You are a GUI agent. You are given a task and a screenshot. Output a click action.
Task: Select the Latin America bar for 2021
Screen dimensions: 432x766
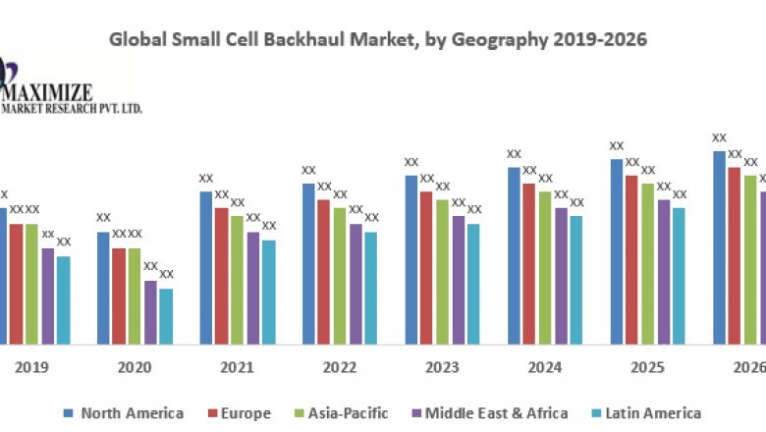(x=269, y=292)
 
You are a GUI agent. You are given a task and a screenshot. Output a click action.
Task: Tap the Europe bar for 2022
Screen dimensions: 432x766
(x=323, y=272)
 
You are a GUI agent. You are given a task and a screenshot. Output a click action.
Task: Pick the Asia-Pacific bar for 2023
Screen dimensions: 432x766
(x=442, y=272)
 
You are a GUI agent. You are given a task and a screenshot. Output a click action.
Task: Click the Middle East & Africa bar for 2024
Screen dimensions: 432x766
(x=561, y=276)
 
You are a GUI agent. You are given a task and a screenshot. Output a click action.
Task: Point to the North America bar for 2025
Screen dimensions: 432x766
(x=616, y=251)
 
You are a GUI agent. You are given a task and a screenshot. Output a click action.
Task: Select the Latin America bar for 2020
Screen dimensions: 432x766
(x=166, y=316)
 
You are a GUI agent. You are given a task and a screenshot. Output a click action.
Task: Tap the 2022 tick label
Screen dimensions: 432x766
(x=340, y=367)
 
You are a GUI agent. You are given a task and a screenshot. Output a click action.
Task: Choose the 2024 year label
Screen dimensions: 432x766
(x=545, y=367)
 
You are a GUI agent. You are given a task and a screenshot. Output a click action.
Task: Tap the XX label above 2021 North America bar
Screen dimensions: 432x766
(x=206, y=179)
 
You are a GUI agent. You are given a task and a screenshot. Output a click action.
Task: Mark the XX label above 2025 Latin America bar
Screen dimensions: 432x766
(x=680, y=194)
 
